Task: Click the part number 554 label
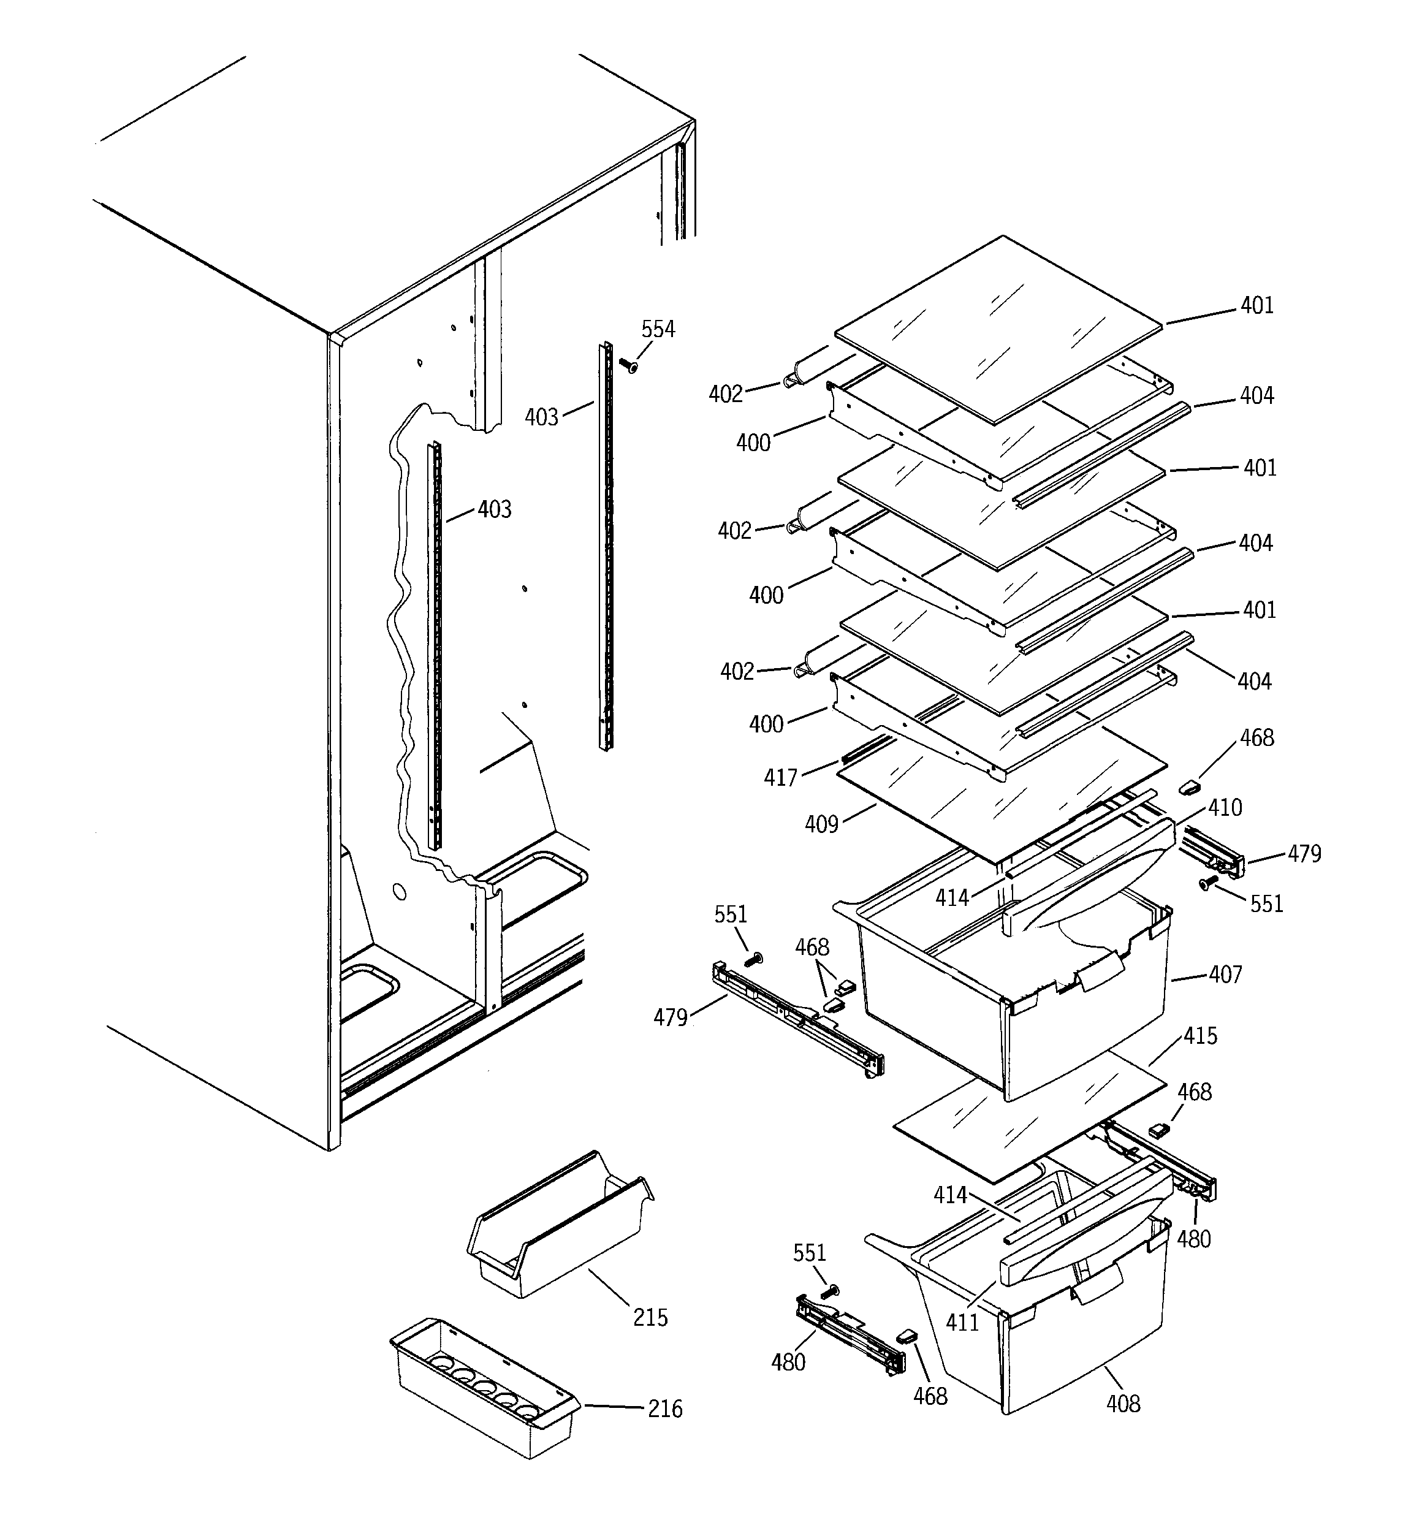click(657, 330)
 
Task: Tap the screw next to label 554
click(631, 367)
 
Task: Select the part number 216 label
click(665, 1409)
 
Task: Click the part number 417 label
click(780, 778)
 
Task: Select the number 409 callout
click(821, 824)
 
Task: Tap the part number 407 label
click(1225, 975)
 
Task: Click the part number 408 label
click(1123, 1402)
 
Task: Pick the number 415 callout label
click(1201, 1036)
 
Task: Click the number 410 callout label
click(1225, 807)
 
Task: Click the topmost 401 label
click(1257, 306)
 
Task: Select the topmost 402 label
click(725, 394)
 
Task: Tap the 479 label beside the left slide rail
click(670, 1017)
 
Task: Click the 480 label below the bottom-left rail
click(788, 1361)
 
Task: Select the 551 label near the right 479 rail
click(1266, 904)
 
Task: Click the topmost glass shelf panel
click(1000, 328)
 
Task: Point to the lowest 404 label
click(1255, 682)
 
